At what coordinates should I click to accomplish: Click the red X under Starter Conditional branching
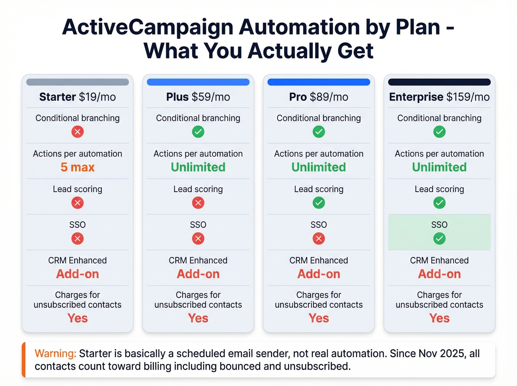[x=78, y=132]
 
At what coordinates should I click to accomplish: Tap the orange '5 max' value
[x=78, y=167]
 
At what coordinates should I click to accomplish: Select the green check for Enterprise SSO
[x=439, y=239]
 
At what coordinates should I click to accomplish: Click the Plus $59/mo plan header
[x=198, y=97]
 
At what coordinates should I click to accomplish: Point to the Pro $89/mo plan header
[x=319, y=97]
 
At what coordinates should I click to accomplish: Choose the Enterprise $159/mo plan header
[x=439, y=97]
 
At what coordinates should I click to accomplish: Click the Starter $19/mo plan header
[x=78, y=97]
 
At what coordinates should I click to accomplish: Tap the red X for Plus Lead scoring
[x=198, y=203]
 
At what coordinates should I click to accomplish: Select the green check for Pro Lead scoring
[x=319, y=203]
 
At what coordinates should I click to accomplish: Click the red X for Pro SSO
[x=319, y=239]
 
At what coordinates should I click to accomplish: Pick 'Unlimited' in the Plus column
[x=198, y=167]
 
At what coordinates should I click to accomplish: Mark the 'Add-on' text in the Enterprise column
[x=439, y=274]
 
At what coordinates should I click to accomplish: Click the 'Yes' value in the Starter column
[x=78, y=318]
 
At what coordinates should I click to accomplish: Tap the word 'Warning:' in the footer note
[x=55, y=353]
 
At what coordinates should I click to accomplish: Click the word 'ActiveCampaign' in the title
[x=148, y=27]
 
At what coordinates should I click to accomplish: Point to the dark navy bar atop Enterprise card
[x=439, y=82]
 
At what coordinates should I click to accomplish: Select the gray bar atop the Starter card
[x=78, y=82]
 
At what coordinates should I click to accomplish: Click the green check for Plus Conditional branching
[x=198, y=132]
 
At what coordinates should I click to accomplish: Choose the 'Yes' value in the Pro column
[x=319, y=318]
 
